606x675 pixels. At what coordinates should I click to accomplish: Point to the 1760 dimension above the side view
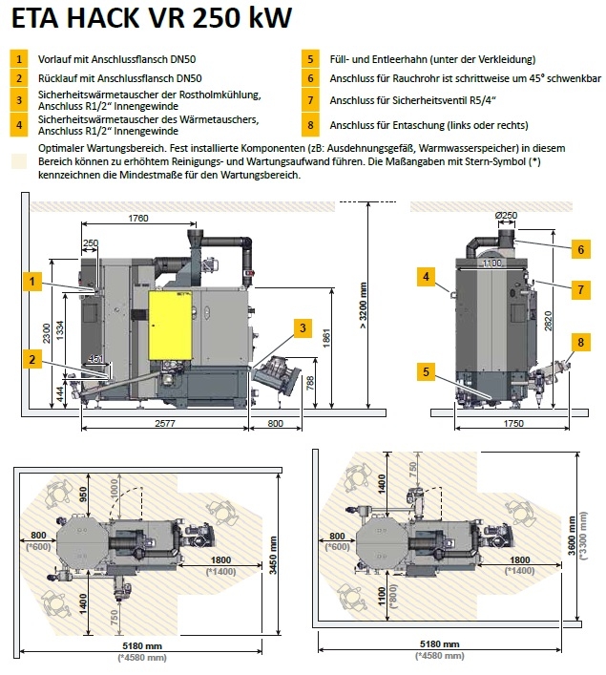tap(137, 218)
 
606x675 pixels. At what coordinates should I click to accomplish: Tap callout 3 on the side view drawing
tap(303, 328)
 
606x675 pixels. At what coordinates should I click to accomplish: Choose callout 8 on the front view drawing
tap(579, 341)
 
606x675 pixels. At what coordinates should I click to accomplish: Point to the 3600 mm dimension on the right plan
tap(573, 539)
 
